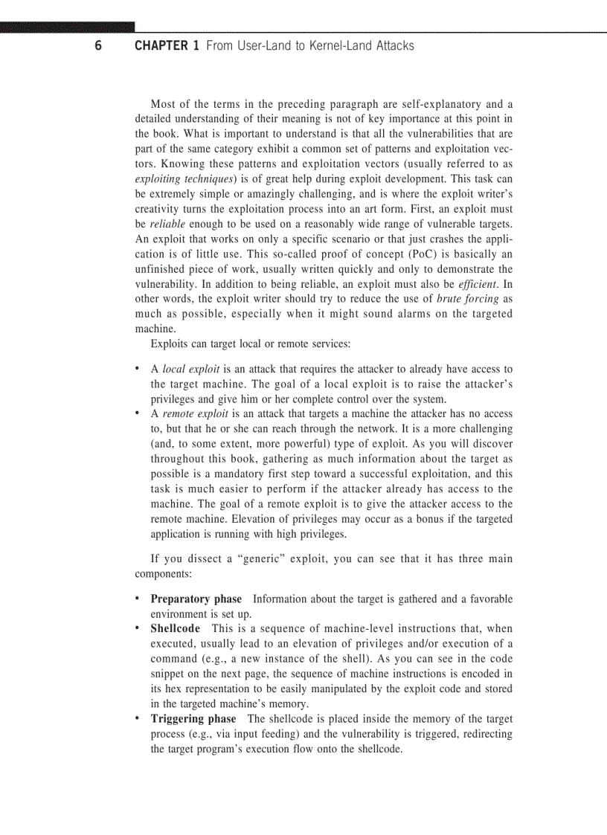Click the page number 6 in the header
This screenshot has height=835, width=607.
click(98, 46)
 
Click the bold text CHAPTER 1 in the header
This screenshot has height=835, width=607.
click(167, 46)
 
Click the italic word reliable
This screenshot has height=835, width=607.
click(168, 224)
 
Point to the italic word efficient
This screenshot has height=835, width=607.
click(475, 284)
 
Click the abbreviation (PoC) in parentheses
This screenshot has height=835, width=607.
click(332, 254)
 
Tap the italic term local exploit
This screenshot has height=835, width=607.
click(190, 369)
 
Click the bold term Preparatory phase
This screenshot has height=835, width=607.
click(196, 599)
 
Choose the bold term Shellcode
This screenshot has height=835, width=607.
click(175, 628)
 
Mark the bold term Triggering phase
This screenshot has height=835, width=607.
click(193, 718)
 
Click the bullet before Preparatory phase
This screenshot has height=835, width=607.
click(137, 599)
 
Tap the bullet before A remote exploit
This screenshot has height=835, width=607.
click(137, 413)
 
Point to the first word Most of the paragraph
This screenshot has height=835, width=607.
click(164, 104)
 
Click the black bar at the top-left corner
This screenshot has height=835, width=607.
click(67, 28)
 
